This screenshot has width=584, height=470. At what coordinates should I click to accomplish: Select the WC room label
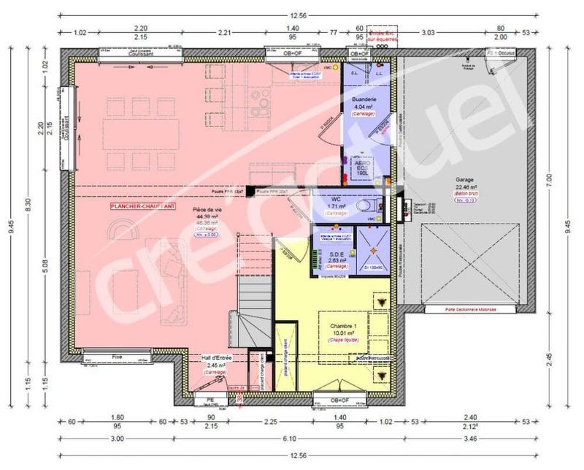[x=336, y=197]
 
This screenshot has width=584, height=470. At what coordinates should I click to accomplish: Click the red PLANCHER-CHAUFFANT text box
[x=142, y=207]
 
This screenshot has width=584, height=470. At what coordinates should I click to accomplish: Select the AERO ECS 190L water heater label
[x=364, y=166]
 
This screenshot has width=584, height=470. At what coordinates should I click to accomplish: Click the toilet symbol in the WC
[x=363, y=207]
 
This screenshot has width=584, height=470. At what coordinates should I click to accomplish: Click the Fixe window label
[x=118, y=357]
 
